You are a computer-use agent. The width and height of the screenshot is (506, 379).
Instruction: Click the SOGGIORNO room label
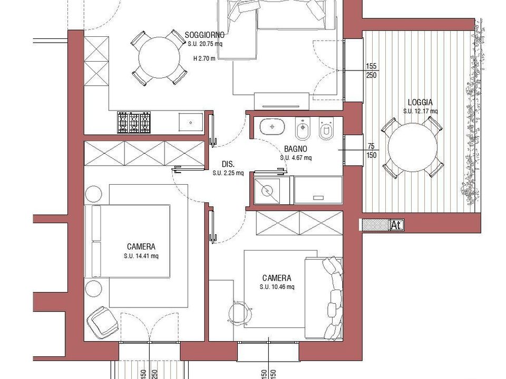[x=205, y=35]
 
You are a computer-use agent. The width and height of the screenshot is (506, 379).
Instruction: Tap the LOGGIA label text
[x=420, y=103]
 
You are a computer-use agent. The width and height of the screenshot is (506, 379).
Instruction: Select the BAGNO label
[x=296, y=149]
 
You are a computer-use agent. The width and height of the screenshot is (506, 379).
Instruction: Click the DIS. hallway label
[x=228, y=164]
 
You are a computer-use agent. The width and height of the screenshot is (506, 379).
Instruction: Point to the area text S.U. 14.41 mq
[x=141, y=256]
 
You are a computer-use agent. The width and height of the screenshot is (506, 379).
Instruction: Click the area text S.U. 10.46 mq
[x=277, y=287]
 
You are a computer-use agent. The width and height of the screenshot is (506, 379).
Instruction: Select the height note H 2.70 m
[x=205, y=58]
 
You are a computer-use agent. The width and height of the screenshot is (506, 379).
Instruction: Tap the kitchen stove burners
[x=134, y=123]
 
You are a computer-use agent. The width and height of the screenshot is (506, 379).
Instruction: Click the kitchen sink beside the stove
[x=191, y=122]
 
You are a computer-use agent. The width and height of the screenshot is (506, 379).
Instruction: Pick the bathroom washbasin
[x=273, y=126]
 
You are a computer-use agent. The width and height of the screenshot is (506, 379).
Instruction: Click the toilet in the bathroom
[x=326, y=128]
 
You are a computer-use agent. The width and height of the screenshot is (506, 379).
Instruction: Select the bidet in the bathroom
[x=303, y=128]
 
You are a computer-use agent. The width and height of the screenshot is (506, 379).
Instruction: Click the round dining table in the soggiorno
[x=159, y=58]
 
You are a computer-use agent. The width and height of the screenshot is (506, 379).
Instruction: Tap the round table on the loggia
[x=412, y=147]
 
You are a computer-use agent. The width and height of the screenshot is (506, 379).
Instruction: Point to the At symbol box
[x=396, y=225]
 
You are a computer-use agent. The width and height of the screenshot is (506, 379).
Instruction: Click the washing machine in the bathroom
[x=267, y=191]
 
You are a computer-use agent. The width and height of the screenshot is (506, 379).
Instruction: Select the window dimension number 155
[x=371, y=66]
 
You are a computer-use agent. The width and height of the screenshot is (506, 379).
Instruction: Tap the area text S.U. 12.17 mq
[x=420, y=111]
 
